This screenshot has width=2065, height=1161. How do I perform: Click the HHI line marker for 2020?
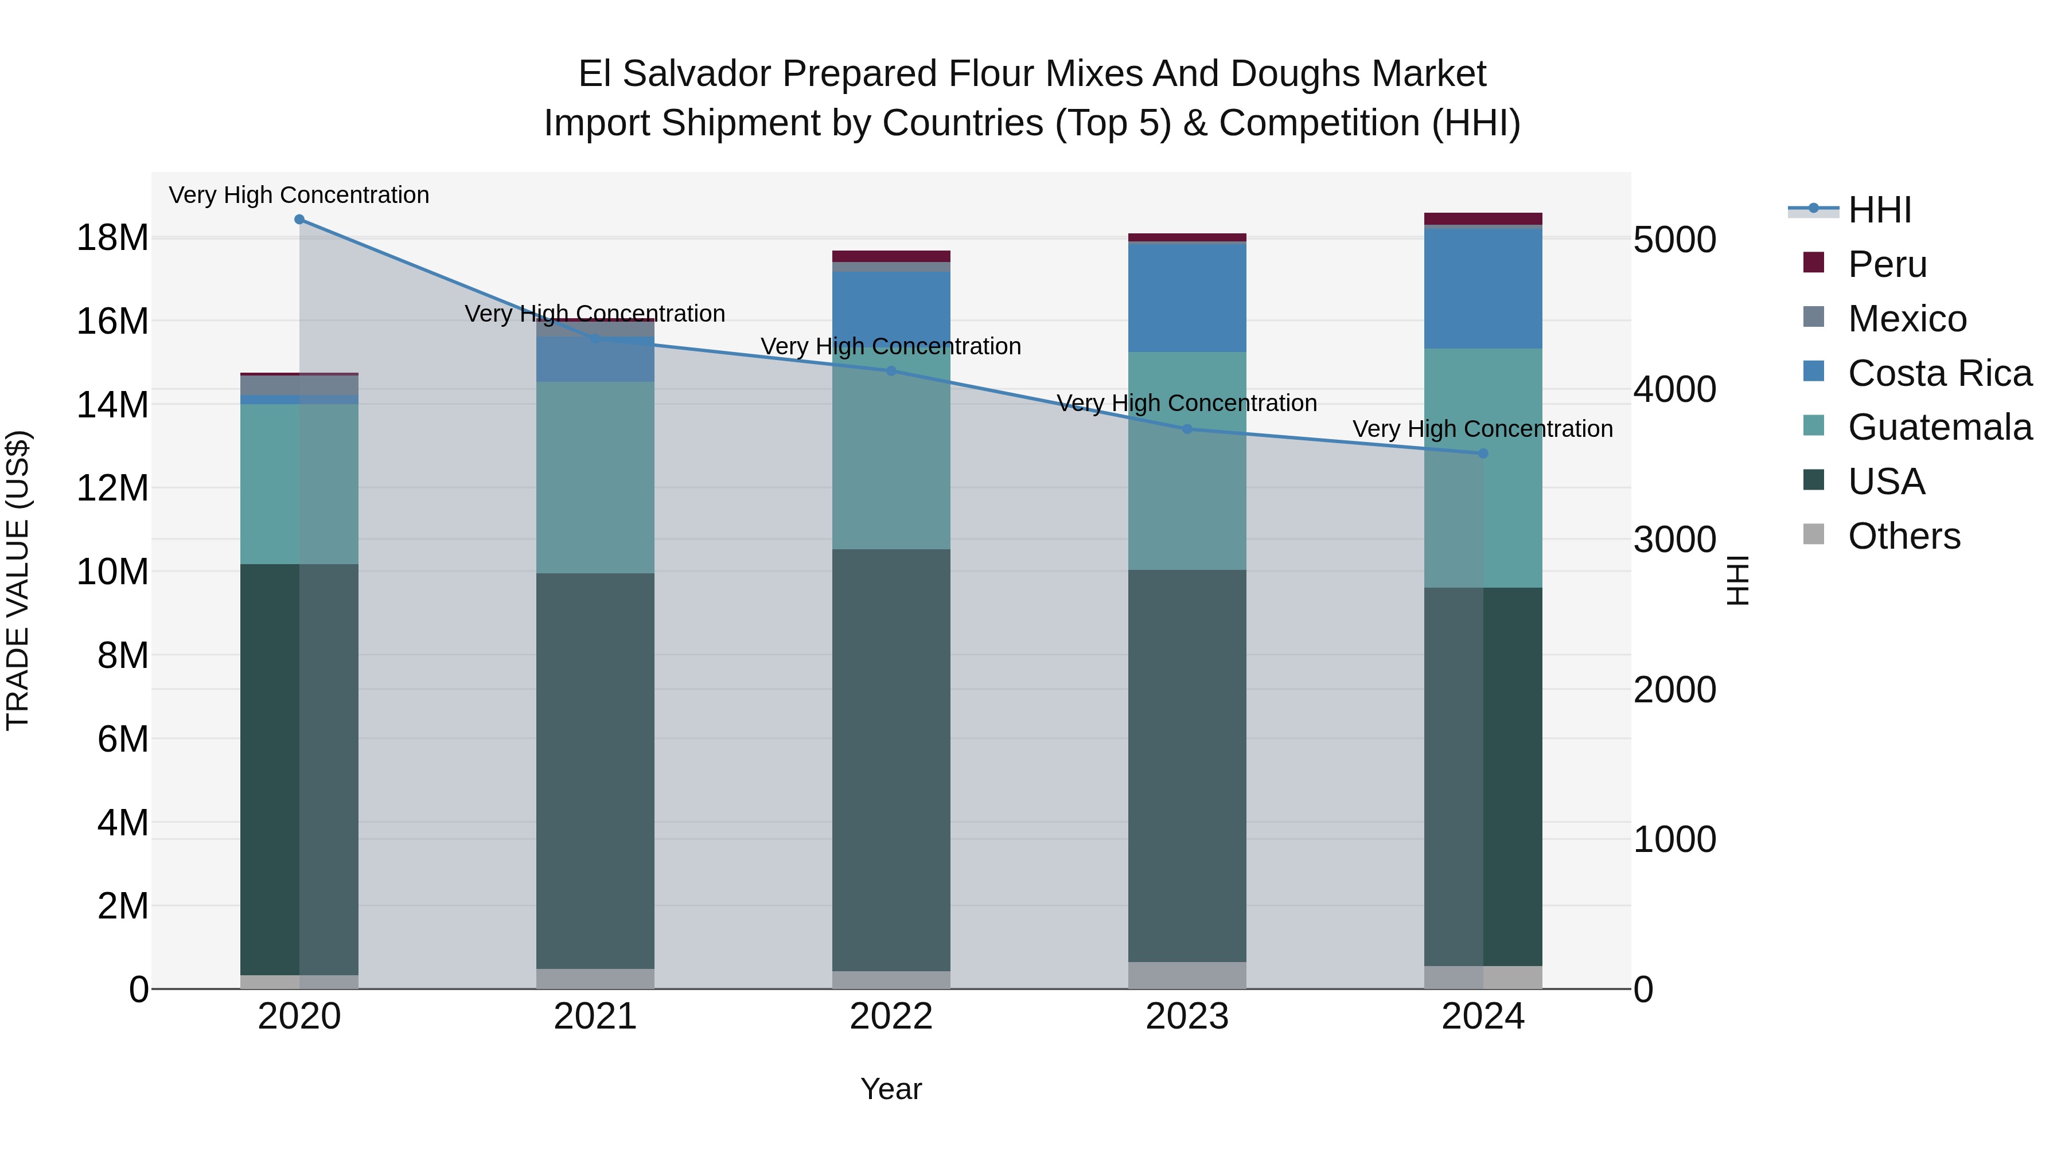(299, 220)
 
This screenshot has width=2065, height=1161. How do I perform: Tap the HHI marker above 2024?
(1482, 454)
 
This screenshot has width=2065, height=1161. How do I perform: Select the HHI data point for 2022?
(891, 371)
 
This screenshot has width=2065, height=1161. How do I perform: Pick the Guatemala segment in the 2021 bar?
(595, 478)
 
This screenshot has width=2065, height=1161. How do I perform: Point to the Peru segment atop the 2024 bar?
(1482, 219)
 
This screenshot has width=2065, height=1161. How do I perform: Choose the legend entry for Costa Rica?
(1939, 373)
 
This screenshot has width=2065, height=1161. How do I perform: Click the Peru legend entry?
(1887, 264)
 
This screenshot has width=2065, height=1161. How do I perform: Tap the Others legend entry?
(1904, 536)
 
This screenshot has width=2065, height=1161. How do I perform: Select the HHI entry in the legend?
(1879, 210)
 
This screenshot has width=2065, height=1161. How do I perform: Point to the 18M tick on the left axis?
(112, 238)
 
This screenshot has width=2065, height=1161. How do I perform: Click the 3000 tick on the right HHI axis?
(1674, 540)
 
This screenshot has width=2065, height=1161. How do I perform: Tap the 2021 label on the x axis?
(595, 1017)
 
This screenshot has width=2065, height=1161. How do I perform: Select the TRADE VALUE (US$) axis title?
(18, 580)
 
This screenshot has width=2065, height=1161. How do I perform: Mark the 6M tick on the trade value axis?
(123, 739)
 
